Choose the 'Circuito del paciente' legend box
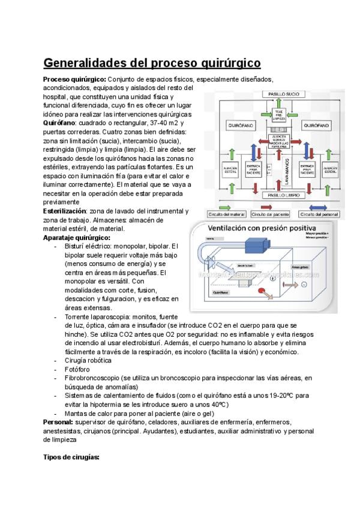point(271,214)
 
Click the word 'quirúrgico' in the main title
point(223,62)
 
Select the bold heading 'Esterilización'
point(65,211)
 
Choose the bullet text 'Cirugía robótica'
point(88,360)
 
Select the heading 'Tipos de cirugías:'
point(71,457)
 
